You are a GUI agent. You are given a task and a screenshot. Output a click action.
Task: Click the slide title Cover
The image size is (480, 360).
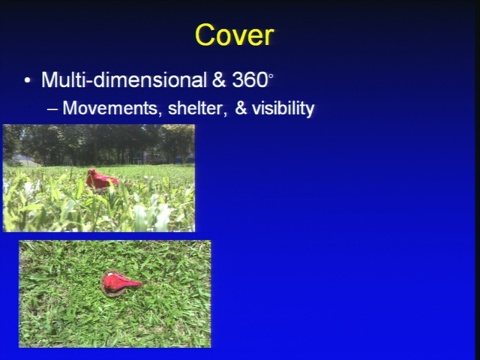click(x=235, y=35)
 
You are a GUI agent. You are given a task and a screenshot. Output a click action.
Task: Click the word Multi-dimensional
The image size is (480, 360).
click(x=124, y=80)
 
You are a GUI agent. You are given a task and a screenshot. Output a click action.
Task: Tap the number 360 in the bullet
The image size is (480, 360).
click(x=250, y=80)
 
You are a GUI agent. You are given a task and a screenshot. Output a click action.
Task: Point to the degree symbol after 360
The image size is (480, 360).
click(x=270, y=75)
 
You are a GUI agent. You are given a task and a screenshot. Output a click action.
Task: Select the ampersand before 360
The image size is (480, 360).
click(x=219, y=80)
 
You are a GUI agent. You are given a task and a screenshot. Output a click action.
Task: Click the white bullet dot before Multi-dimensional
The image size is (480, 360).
click(x=27, y=81)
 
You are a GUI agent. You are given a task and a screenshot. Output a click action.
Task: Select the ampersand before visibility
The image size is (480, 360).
click(x=241, y=108)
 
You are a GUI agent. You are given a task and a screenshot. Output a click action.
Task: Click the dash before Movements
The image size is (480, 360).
click(x=52, y=109)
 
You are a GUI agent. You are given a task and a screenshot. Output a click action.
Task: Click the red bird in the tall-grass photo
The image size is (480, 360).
click(x=101, y=180)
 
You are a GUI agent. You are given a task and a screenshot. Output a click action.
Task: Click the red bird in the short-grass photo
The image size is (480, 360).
click(x=121, y=282)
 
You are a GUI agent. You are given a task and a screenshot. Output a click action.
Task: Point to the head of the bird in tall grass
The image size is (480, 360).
click(x=91, y=172)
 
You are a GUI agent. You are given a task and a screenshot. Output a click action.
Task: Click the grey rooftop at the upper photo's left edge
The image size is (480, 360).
click(x=24, y=160)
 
